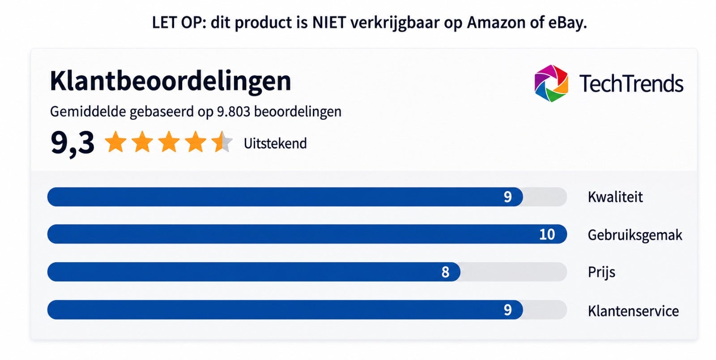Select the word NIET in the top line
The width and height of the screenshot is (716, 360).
point(329,22)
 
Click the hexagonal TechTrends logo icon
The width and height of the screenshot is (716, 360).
point(551,83)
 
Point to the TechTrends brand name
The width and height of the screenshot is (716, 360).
point(631,83)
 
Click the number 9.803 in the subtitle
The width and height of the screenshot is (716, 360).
point(233,111)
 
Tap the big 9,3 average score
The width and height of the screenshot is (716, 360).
point(72,143)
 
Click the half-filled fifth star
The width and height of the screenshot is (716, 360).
point(222,141)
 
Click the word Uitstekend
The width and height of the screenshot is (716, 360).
point(275,143)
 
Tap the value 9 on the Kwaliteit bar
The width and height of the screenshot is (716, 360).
point(507,197)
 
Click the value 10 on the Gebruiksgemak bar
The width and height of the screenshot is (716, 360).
point(547,234)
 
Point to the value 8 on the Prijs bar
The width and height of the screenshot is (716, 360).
point(445,272)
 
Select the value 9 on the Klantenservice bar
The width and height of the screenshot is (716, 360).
point(507,310)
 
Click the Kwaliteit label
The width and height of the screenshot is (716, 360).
point(615,197)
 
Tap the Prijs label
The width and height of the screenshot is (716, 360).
point(601,272)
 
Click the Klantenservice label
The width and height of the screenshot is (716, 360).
point(633,311)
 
